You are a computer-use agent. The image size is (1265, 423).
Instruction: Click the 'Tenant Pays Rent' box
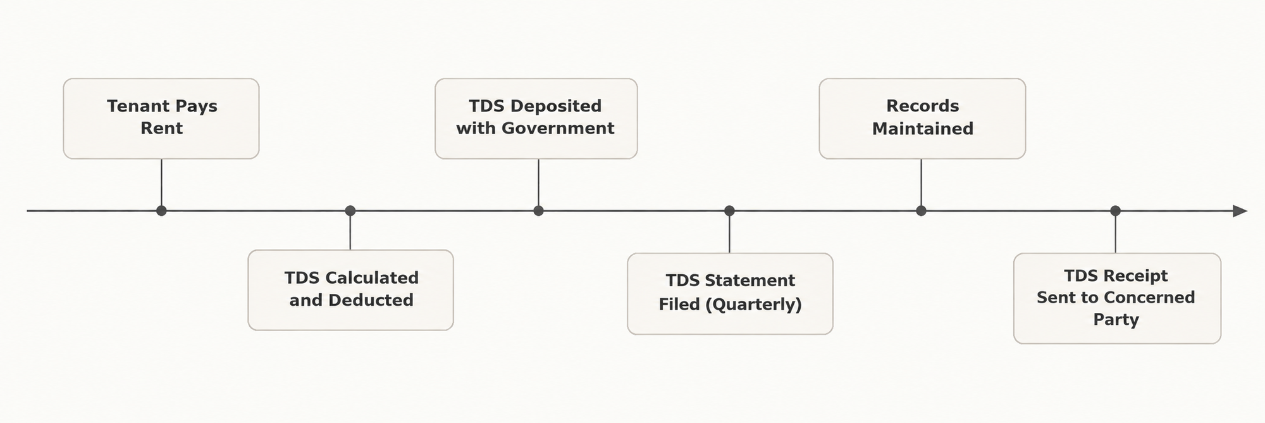[x=161, y=118]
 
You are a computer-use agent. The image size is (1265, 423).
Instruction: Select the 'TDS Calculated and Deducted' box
[x=350, y=290]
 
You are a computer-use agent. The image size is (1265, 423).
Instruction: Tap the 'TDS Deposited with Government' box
[x=536, y=118]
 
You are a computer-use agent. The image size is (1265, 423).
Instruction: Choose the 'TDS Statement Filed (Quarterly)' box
[x=730, y=294]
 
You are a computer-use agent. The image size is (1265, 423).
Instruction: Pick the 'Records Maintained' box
[x=922, y=118]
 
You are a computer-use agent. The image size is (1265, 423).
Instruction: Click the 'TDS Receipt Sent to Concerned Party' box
[x=1117, y=298]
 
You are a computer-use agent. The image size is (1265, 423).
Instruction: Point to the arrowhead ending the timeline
[x=1240, y=211]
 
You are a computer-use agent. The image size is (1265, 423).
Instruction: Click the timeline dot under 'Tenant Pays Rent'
[x=161, y=211]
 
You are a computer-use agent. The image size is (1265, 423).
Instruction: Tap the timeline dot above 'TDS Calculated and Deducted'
[x=350, y=211]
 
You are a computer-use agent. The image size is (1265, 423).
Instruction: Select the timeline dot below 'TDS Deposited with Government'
[x=538, y=211]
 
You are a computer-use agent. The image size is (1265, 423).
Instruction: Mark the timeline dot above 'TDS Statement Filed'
[x=729, y=211]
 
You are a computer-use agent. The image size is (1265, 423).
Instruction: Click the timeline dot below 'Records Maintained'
[x=921, y=211]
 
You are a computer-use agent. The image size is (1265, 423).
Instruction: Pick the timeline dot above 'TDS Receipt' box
[x=1115, y=211]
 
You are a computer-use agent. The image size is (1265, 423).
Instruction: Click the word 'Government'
[x=558, y=129]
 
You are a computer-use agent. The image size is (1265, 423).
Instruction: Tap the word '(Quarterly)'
[x=753, y=305]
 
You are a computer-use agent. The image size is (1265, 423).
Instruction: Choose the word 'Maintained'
[x=923, y=129]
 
